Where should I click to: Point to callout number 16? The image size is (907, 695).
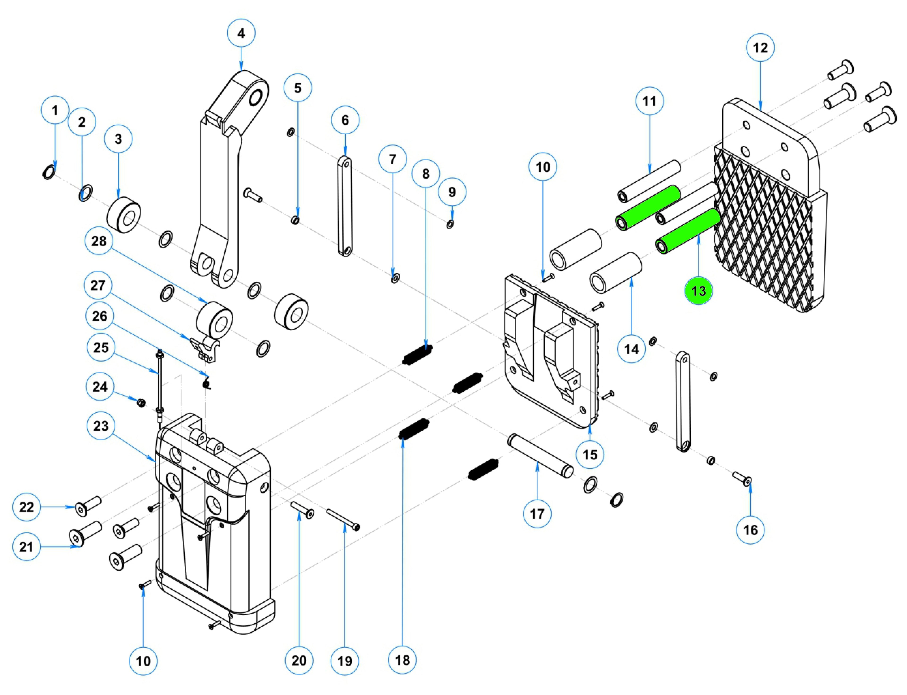[750, 530]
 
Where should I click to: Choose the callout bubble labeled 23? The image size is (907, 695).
[101, 426]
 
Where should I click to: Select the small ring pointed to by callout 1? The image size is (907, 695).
[48, 172]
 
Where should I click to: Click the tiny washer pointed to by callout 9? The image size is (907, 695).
[450, 225]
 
